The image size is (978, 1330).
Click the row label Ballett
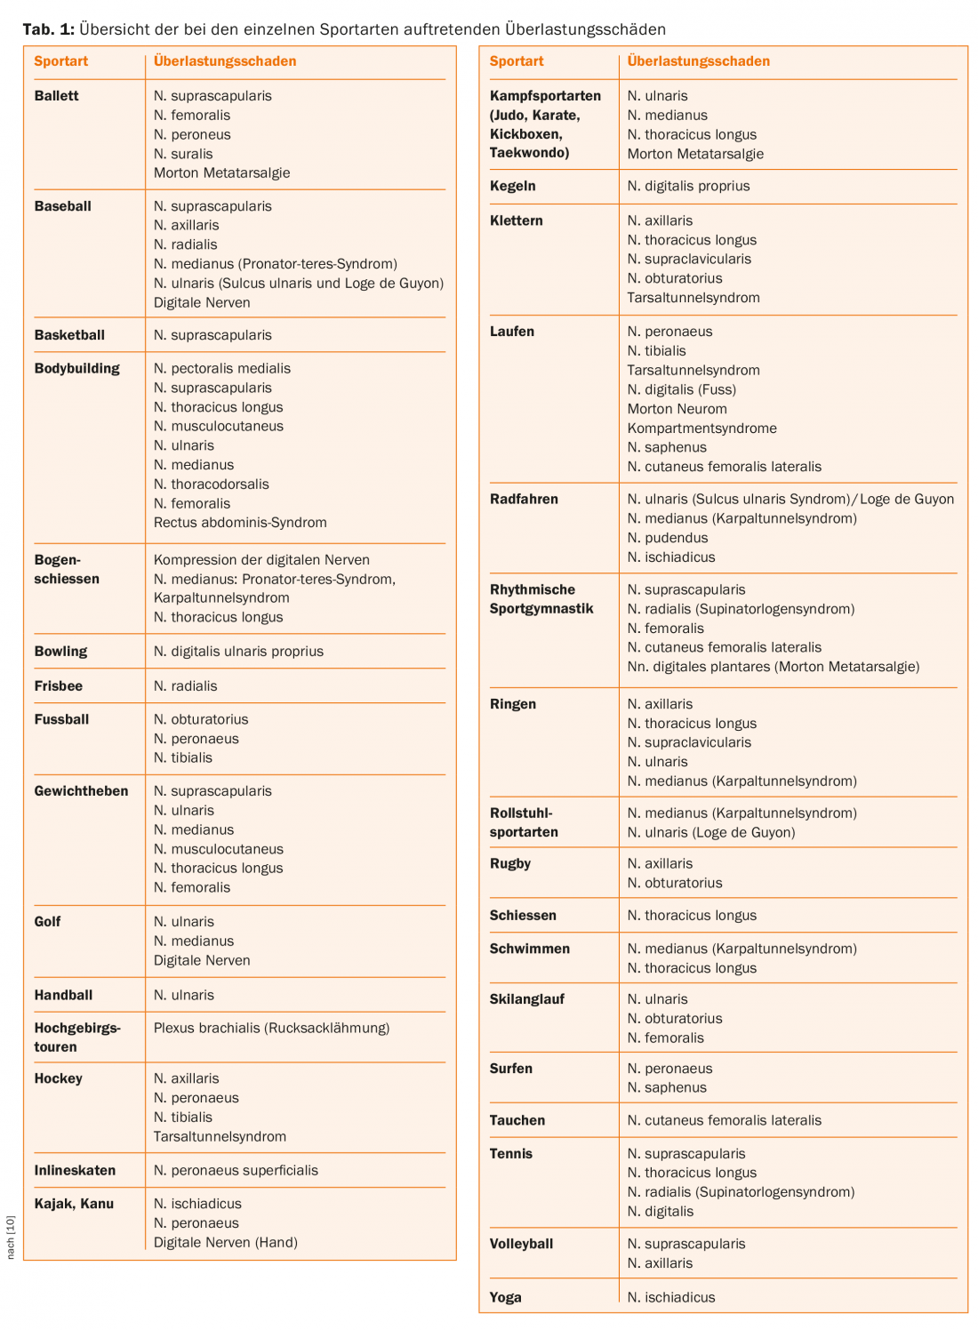click(56, 96)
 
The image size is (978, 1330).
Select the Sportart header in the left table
click(61, 61)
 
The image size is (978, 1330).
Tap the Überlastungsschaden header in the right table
click(698, 61)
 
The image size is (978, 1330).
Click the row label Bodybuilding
click(76, 368)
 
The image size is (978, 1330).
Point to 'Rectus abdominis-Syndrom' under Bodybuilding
click(240, 523)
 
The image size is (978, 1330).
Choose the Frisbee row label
click(58, 686)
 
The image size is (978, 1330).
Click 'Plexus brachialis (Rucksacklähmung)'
click(271, 1028)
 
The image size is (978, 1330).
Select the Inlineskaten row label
click(75, 1171)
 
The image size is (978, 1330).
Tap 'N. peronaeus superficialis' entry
click(236, 1171)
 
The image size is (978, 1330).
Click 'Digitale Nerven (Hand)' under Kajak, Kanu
click(225, 1243)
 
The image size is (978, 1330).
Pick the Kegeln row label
click(512, 186)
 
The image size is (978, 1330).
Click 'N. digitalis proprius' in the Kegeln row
click(688, 186)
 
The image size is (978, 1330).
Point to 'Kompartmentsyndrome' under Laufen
click(701, 429)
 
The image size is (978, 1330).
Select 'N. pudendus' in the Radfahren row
click(668, 538)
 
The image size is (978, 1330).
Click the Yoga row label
click(505, 1297)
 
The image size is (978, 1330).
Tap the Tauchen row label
click(517, 1120)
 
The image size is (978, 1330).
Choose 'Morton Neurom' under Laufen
click(677, 409)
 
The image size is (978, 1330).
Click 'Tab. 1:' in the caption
click(48, 29)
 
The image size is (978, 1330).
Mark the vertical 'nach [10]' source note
click(11, 1237)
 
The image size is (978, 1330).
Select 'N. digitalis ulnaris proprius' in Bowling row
click(238, 652)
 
